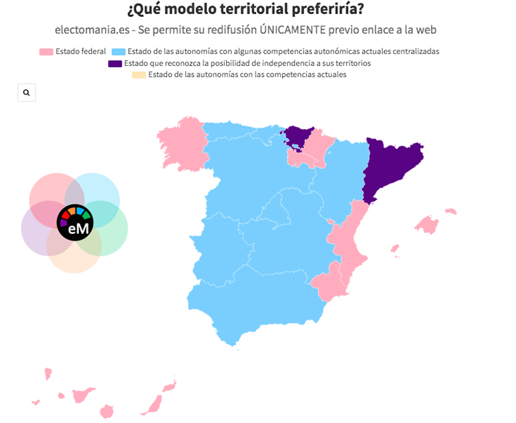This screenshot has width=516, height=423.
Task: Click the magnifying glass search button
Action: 26,92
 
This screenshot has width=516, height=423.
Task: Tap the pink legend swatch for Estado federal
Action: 46,52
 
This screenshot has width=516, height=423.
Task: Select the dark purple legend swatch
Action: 115,64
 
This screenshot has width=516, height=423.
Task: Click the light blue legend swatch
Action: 118,52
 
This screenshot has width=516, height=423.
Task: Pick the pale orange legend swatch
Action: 139,75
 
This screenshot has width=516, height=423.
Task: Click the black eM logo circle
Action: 75,223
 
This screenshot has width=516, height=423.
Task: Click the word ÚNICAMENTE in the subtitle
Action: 293,30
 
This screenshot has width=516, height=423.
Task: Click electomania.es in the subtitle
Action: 92,30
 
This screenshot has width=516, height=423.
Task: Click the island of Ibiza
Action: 395,249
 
